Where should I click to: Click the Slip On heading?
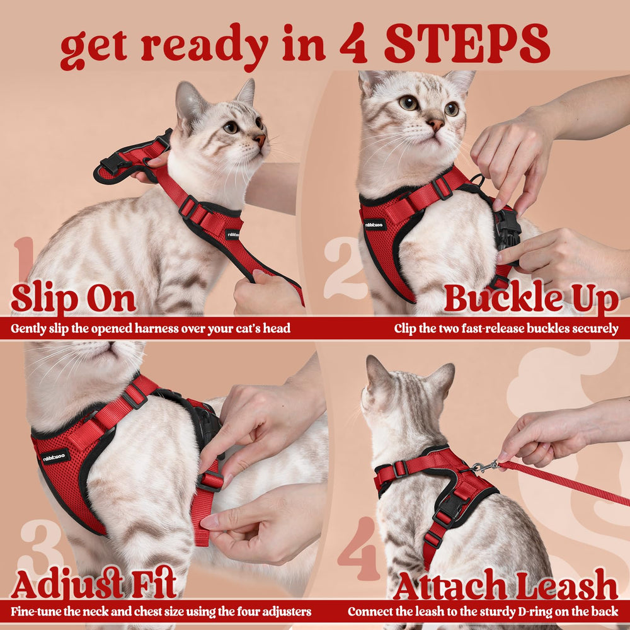(x=73, y=299)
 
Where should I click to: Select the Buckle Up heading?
(x=531, y=299)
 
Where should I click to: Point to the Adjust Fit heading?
(x=93, y=584)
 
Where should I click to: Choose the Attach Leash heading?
(x=505, y=585)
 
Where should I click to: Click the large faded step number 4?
(x=358, y=540)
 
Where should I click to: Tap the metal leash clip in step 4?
(x=483, y=467)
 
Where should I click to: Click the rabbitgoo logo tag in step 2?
(x=375, y=224)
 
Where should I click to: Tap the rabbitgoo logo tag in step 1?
(x=232, y=234)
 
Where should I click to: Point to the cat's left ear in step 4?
(x=377, y=374)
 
